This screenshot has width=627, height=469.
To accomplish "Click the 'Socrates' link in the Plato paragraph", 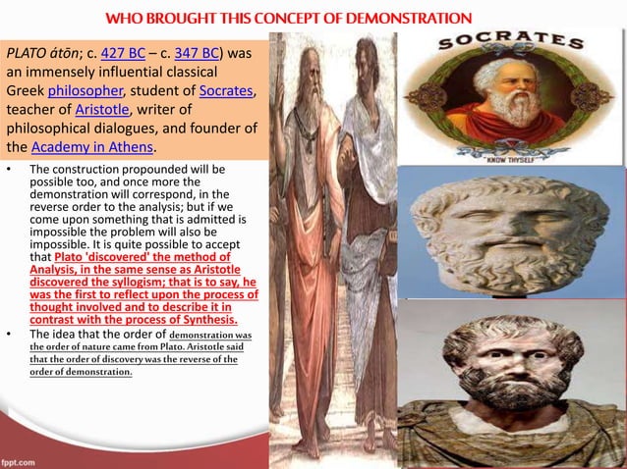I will pyautogui.click(x=225, y=91).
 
